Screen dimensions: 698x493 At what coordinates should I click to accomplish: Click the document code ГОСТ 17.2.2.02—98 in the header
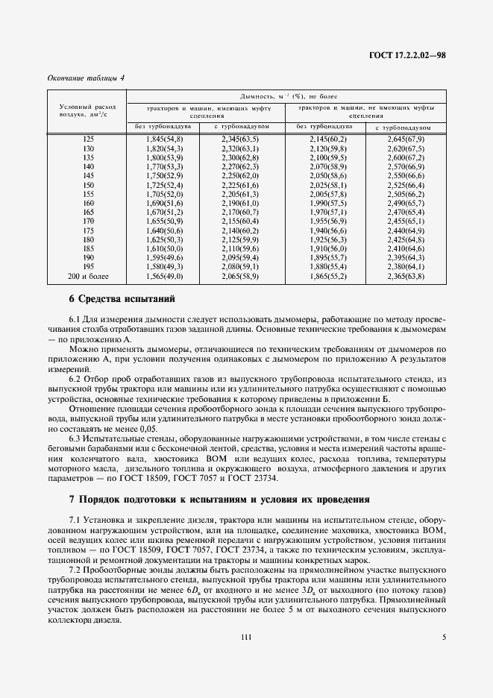point(407,54)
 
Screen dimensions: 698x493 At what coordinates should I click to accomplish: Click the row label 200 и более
point(88,276)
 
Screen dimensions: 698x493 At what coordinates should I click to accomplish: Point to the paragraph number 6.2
point(76,380)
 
